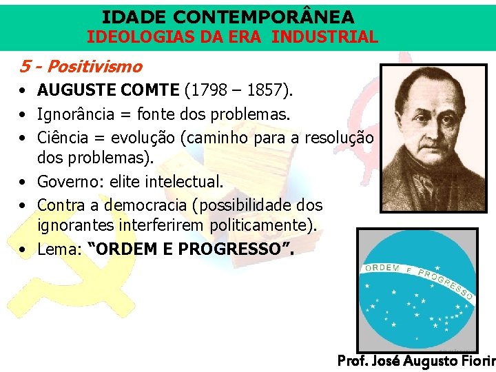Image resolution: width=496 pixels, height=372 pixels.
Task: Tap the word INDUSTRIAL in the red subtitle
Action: (325, 37)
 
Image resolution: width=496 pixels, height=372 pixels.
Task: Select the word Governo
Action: (66, 182)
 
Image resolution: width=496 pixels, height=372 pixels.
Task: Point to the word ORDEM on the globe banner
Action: (381, 269)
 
